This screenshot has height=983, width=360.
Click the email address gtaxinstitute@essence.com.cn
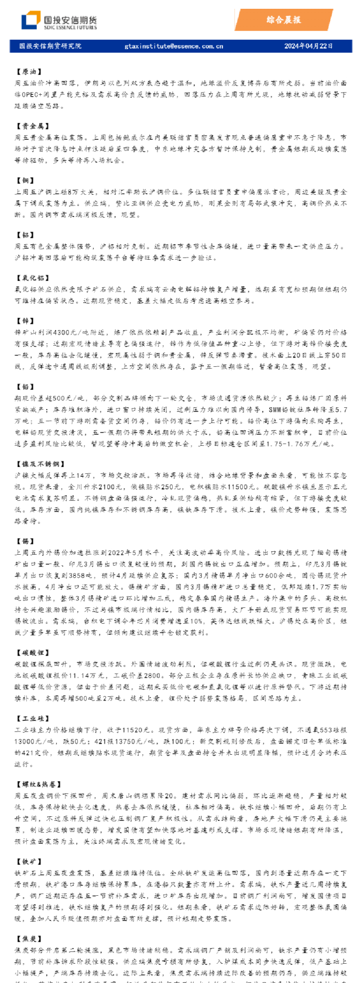[x=174, y=46]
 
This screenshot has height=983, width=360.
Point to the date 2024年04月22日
[x=308, y=46]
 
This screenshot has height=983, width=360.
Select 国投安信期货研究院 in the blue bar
[x=50, y=46]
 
